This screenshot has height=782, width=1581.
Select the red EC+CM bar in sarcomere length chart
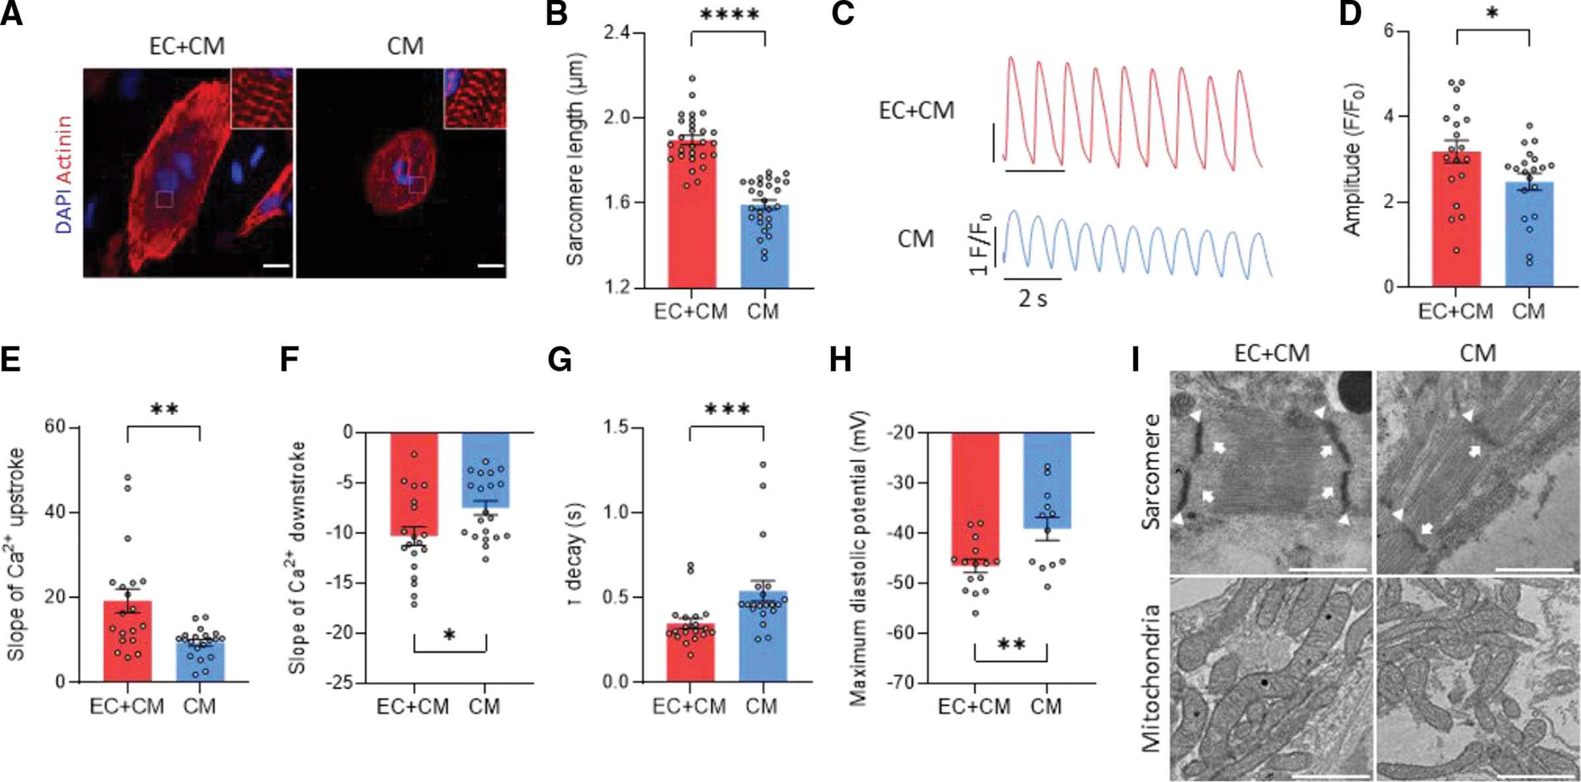click(692, 217)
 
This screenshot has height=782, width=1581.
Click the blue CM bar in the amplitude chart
click(1529, 237)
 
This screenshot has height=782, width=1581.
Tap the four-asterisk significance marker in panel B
click(729, 14)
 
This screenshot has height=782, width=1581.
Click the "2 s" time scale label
click(1032, 299)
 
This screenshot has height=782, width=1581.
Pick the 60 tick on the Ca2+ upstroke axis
click(55, 427)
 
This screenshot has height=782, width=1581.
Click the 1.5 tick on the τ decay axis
click(615, 428)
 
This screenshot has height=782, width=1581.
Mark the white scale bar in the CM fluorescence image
click(491, 266)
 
